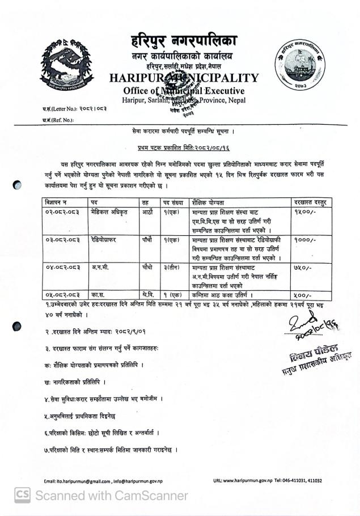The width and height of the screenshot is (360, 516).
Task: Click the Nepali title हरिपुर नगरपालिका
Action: [181, 41]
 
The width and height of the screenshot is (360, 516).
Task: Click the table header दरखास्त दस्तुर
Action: [312, 201]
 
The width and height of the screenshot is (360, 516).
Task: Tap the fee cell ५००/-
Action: [301, 293]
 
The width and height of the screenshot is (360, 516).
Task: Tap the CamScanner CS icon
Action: [23, 496]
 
